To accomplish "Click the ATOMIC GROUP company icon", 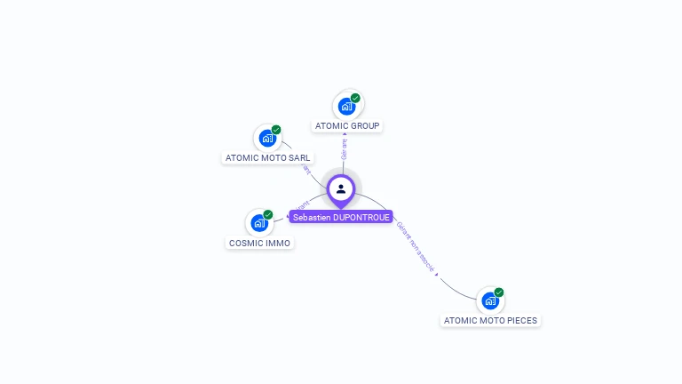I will tap(346, 107).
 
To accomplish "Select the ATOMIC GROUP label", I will tap(348, 126).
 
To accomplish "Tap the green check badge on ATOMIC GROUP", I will tap(355, 98).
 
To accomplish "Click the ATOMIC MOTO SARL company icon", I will tap(267, 139).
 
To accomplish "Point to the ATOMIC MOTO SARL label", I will tap(268, 158).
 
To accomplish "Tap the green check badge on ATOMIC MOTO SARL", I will tap(276, 130).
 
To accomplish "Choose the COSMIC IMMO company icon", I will tap(259, 223).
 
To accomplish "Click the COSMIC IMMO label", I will tap(260, 243).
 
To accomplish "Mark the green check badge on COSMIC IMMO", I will tap(268, 214).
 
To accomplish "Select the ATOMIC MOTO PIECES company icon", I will tap(490, 300).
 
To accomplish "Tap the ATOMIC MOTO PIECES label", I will tap(490, 320).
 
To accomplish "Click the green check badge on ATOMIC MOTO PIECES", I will tap(499, 292).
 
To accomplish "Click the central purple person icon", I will tap(341, 189).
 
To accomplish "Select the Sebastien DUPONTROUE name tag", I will tap(341, 217).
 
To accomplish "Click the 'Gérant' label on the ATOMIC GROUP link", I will tap(345, 148).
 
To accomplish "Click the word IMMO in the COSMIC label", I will tap(278, 243).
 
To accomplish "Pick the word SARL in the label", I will tap(299, 158).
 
